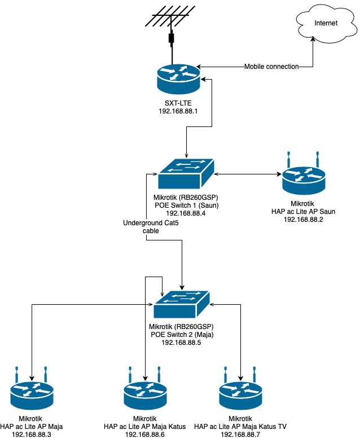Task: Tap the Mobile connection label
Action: tap(271, 67)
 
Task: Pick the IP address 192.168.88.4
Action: tap(186, 213)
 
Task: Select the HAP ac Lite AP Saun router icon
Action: tap(305, 181)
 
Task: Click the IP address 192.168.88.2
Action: tap(305, 219)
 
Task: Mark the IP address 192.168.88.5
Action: tap(181, 343)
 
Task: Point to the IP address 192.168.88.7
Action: tap(241, 434)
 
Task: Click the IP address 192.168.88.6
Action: tap(146, 434)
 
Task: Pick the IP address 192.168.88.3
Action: tap(32, 434)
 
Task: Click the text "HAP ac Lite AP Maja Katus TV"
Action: tap(241, 426)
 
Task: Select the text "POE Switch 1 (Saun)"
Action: tap(186, 205)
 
